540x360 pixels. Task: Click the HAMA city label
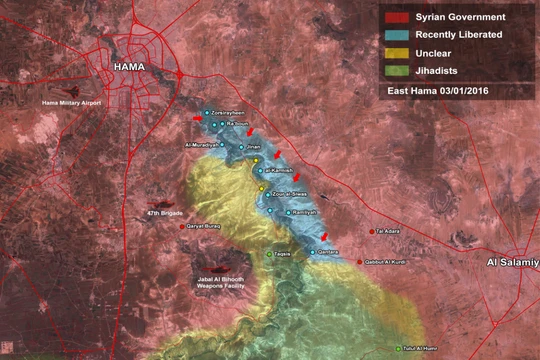130,67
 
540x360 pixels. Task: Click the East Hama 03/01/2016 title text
444,91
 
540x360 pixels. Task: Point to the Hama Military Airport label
70,103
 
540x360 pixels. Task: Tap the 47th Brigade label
165,213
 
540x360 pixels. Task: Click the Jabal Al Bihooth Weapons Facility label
222,282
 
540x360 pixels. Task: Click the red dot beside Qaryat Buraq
183,227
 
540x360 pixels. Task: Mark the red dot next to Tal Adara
371,232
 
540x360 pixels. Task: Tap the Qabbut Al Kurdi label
387,262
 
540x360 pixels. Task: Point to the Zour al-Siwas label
289,192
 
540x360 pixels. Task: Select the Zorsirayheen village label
231,112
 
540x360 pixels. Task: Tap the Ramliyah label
304,212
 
